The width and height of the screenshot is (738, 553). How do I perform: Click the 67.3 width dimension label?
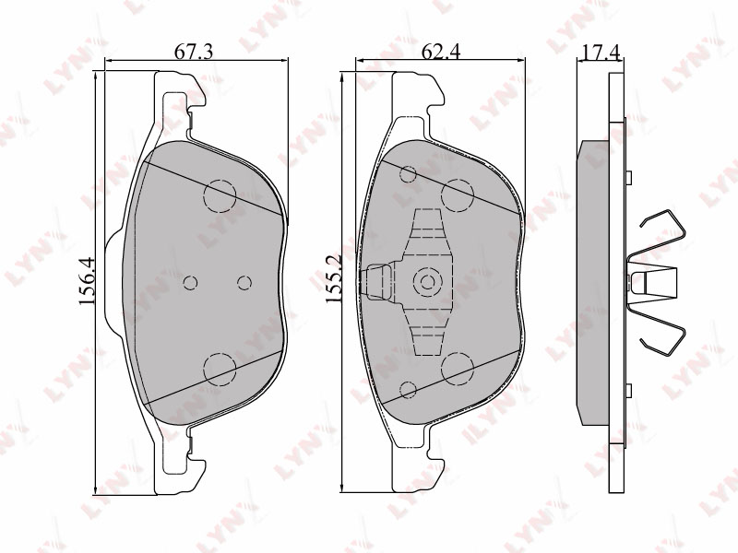(194, 52)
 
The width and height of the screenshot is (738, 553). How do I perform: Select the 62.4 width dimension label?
(441, 52)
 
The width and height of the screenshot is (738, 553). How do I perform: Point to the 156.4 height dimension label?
(87, 281)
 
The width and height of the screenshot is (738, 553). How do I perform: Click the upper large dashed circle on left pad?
(220, 195)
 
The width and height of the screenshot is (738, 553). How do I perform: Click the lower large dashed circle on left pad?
(220, 369)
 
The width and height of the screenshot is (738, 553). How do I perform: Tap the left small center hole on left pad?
(190, 283)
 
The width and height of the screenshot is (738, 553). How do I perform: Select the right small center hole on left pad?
(244, 283)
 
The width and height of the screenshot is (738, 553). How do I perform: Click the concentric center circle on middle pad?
(428, 282)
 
